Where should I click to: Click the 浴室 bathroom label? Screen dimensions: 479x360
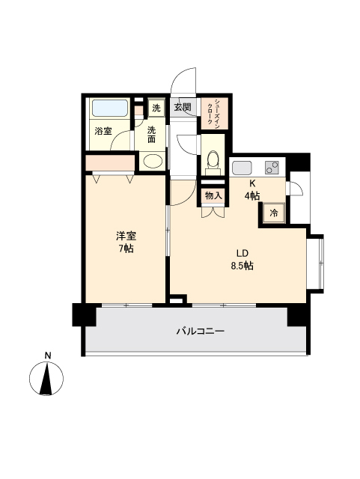coord(103,131)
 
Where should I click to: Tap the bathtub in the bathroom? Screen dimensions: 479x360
coord(111,108)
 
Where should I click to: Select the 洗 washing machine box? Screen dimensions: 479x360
coord(156,108)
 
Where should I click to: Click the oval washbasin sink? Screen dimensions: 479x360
coord(152,161)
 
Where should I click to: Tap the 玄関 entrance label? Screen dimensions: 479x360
coord(183,108)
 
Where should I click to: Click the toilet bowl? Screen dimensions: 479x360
coord(212,159)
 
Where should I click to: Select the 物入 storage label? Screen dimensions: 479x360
coord(213,196)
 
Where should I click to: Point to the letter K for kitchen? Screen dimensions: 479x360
coord(252,183)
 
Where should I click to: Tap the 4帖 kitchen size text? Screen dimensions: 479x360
coord(252,195)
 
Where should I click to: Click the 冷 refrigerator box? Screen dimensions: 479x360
coord(273,214)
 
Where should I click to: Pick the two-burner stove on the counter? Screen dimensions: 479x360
coord(272,167)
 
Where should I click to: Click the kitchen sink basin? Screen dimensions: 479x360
coord(241,167)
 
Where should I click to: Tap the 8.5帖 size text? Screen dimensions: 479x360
coord(242,266)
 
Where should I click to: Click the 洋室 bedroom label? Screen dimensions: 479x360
coord(125,235)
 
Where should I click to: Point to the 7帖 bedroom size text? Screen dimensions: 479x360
coord(125,248)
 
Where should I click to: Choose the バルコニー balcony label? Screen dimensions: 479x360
coord(201,330)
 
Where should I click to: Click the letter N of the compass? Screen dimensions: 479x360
coord(47,355)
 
